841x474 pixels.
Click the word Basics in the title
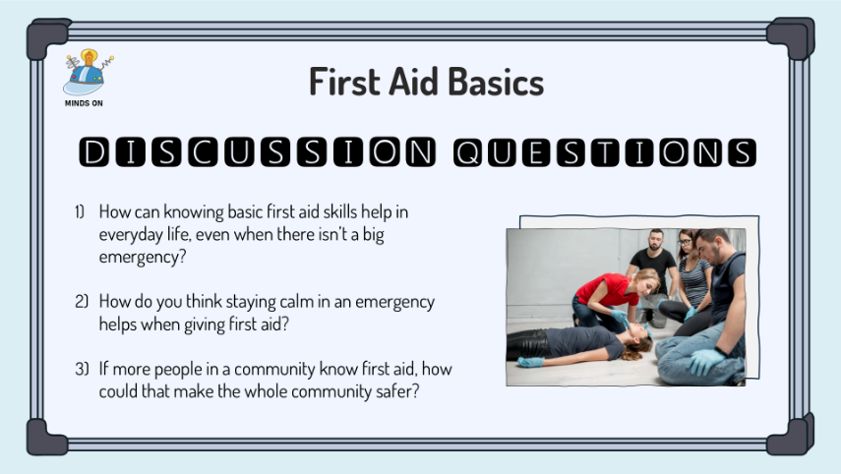(496, 82)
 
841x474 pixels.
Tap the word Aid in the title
(413, 82)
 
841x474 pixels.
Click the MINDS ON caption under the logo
(84, 103)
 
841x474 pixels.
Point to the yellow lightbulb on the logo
(89, 57)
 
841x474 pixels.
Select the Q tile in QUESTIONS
(467, 152)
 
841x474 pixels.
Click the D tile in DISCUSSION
(93, 151)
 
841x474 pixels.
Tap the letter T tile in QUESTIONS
(605, 152)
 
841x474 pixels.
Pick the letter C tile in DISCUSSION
(203, 151)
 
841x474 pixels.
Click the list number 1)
(80, 211)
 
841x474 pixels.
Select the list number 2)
(82, 301)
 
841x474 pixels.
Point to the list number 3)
(82, 369)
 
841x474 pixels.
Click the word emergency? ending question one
(142, 258)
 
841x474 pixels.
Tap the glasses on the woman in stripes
(684, 242)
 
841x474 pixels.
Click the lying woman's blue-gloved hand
(530, 362)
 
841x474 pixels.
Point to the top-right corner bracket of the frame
(791, 36)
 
